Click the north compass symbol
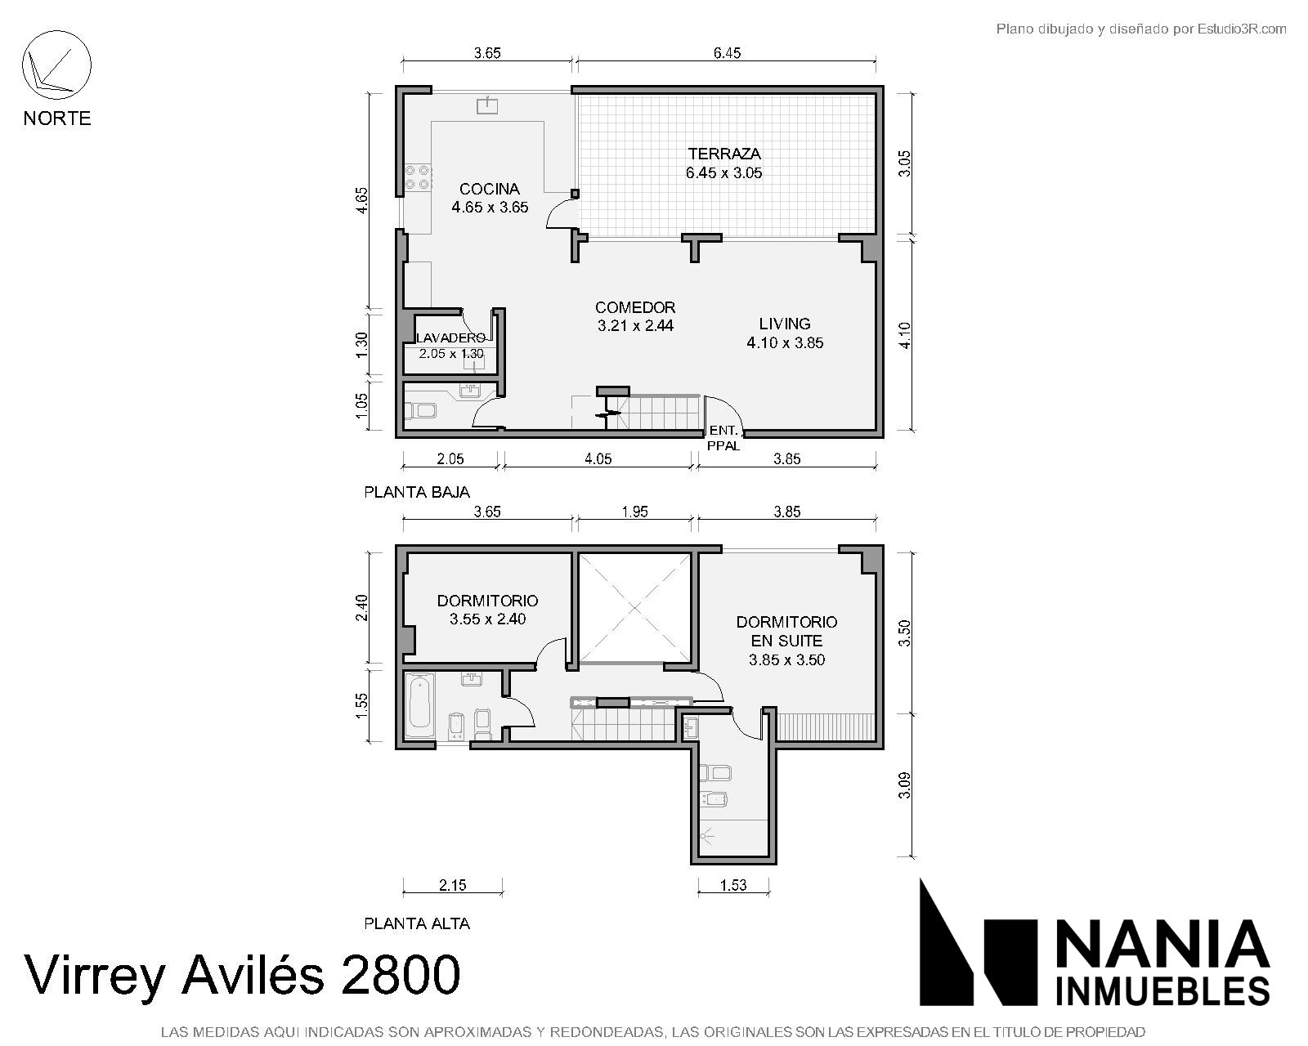(x=56, y=65)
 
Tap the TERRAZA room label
(x=724, y=154)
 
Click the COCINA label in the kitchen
(x=490, y=189)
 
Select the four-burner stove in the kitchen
(x=419, y=177)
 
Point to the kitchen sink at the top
(x=487, y=105)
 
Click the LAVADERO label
(x=450, y=338)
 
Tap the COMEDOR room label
(x=635, y=307)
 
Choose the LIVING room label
(x=785, y=324)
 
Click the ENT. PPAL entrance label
(x=723, y=438)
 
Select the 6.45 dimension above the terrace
(x=727, y=53)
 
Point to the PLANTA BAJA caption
(x=417, y=492)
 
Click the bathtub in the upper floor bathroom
(x=420, y=704)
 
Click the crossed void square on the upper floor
(x=634, y=608)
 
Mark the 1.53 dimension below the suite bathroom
(x=733, y=885)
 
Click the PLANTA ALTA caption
(x=417, y=924)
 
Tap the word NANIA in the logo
(x=1163, y=943)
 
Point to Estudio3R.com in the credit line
(x=1242, y=29)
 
